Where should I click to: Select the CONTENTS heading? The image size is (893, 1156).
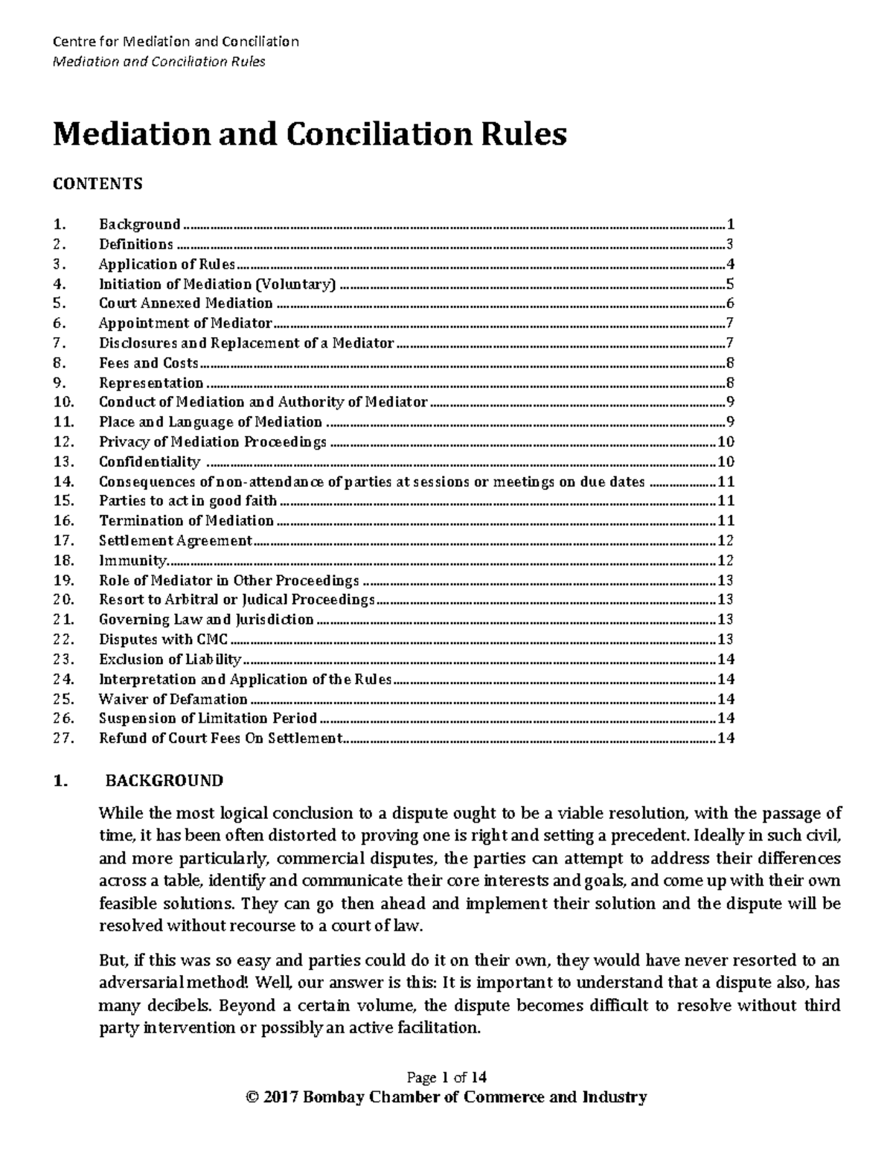pyautogui.click(x=97, y=184)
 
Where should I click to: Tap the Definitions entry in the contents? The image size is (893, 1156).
pyautogui.click(x=136, y=244)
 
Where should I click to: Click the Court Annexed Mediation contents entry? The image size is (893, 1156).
pyautogui.click(x=186, y=303)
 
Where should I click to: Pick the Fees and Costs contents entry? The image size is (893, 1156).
pyautogui.click(x=149, y=363)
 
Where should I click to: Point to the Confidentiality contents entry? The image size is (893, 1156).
pyautogui.click(x=150, y=462)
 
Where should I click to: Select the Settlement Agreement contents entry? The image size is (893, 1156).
pyautogui.click(x=176, y=540)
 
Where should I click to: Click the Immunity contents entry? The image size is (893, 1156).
pyautogui.click(x=133, y=561)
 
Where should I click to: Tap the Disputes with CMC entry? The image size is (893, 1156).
pyautogui.click(x=164, y=639)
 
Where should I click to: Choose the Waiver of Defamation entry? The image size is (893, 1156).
pyautogui.click(x=173, y=699)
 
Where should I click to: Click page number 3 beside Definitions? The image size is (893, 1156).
pyautogui.click(x=731, y=244)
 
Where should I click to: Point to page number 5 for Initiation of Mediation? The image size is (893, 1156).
pyautogui.click(x=731, y=284)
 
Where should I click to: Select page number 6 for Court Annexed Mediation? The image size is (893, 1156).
pyautogui.click(x=731, y=303)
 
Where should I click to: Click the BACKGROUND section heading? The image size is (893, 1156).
pyautogui.click(x=164, y=781)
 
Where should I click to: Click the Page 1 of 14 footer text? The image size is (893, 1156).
pyautogui.click(x=446, y=1077)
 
